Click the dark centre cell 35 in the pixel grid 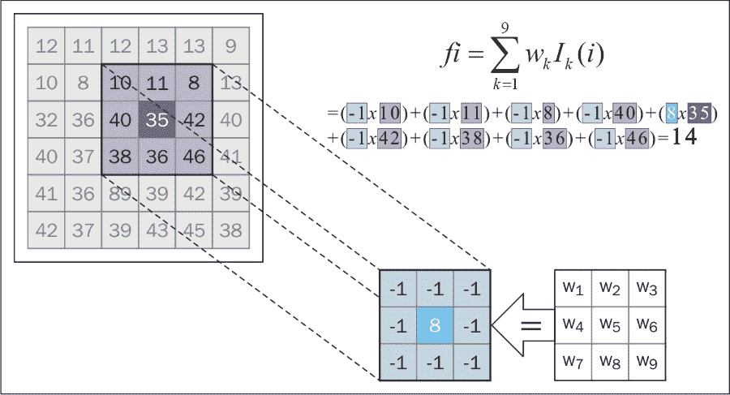(x=157, y=120)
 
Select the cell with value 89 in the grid (x=120, y=194)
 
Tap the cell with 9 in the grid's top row (x=231, y=46)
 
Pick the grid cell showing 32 (x=47, y=120)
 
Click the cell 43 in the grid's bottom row (x=157, y=230)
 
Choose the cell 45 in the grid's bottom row (x=194, y=230)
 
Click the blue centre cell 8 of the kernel (x=435, y=326)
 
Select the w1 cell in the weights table (x=573, y=288)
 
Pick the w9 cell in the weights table (x=646, y=362)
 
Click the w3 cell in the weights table (x=646, y=288)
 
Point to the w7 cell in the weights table (x=573, y=362)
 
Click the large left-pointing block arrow (x=520, y=326)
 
